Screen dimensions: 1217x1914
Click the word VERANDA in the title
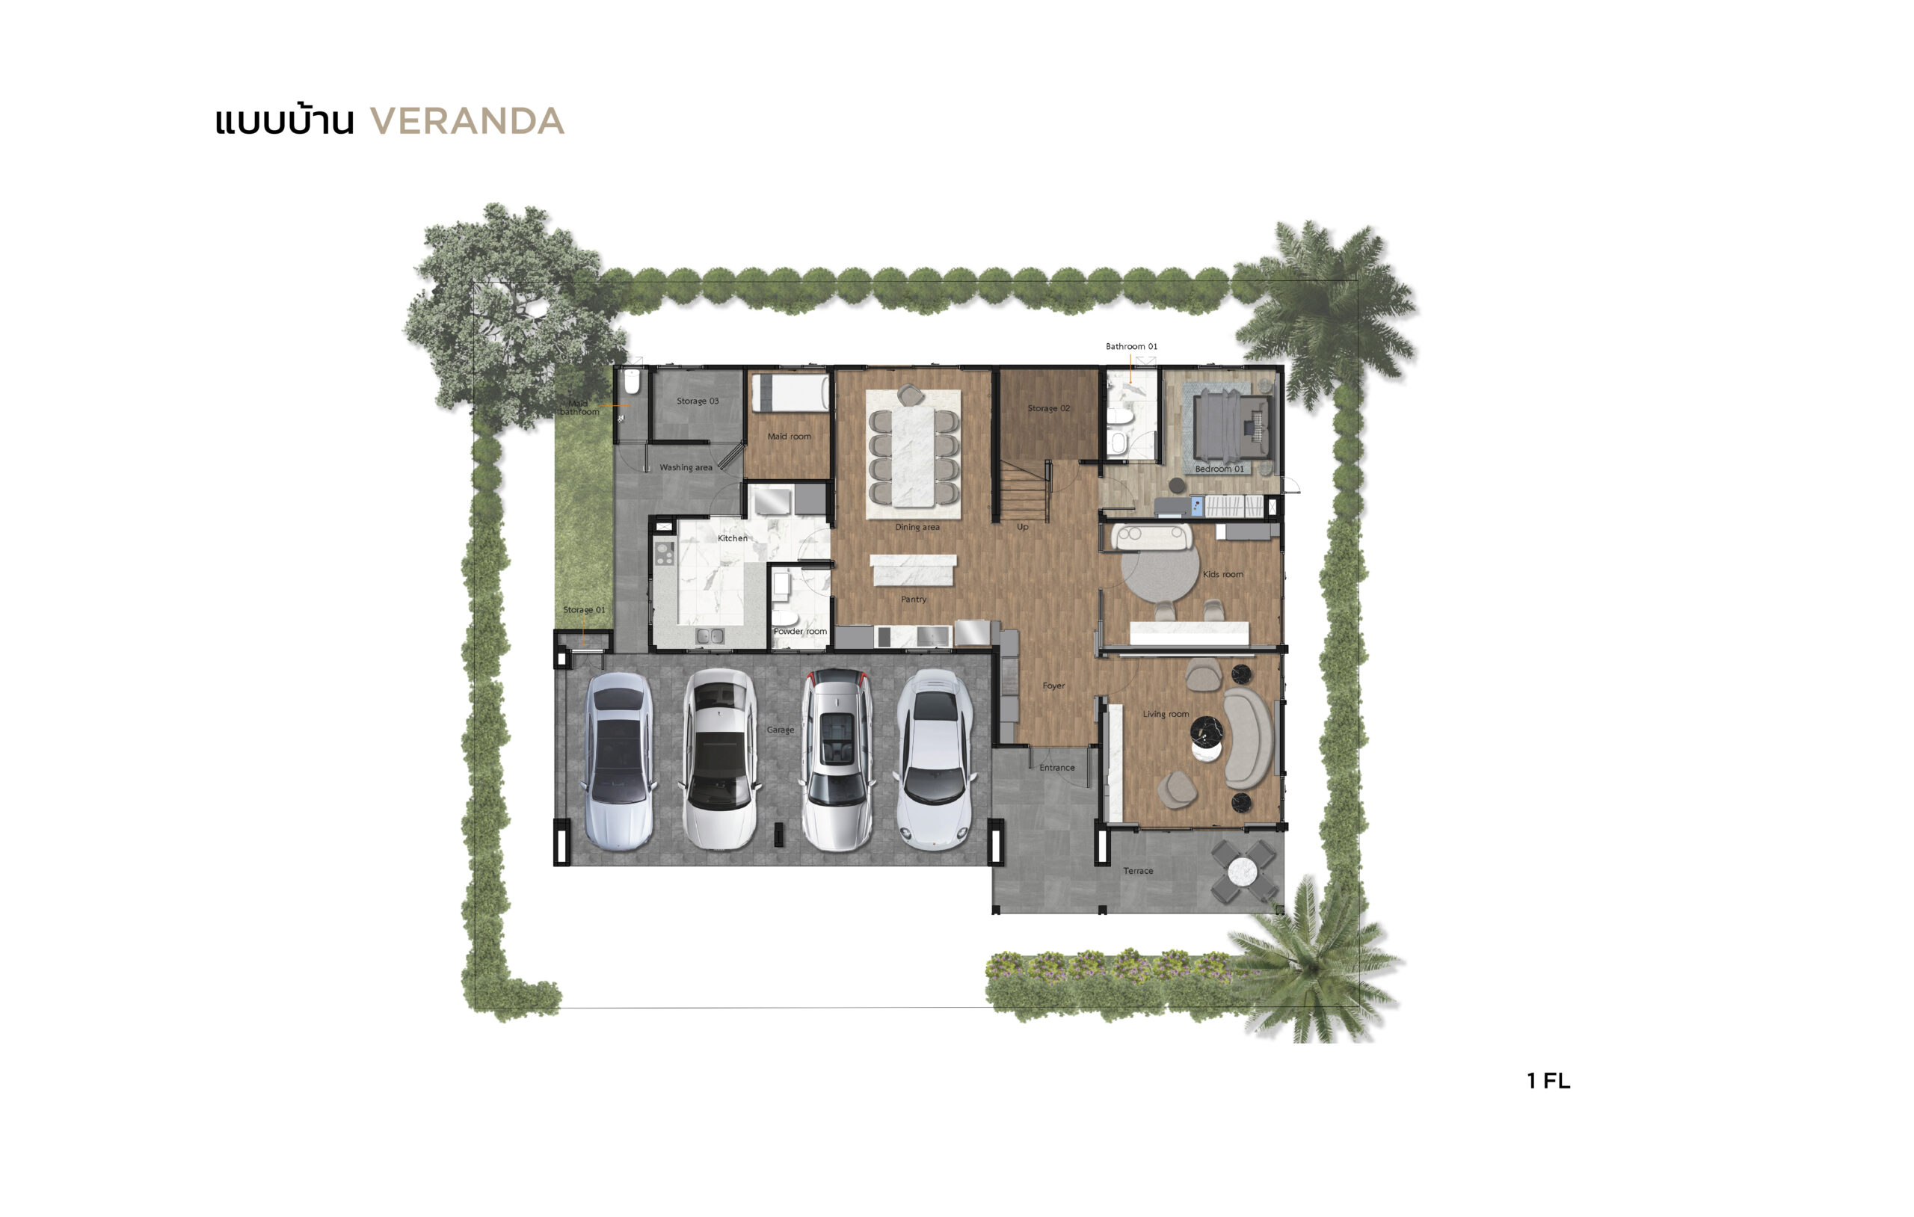coord(467,122)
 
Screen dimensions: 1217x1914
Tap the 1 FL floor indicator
coord(1548,1080)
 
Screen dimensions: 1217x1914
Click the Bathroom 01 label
coord(1131,347)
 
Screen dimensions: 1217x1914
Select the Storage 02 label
coord(1048,409)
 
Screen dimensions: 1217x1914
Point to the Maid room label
coord(790,437)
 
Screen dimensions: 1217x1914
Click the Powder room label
coord(801,631)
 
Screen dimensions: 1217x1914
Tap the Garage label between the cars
coord(781,730)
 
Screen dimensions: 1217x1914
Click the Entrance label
coord(1056,768)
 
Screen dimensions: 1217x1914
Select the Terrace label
coord(1138,871)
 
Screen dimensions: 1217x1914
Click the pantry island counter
coord(914,570)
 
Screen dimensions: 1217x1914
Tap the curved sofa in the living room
coord(1247,738)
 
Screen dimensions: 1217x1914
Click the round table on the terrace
coord(1243,872)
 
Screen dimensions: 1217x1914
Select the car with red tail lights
coord(835,760)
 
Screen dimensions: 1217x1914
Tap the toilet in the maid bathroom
coord(632,383)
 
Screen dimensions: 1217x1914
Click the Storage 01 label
coord(584,610)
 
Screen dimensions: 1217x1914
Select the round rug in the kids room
coord(1160,574)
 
